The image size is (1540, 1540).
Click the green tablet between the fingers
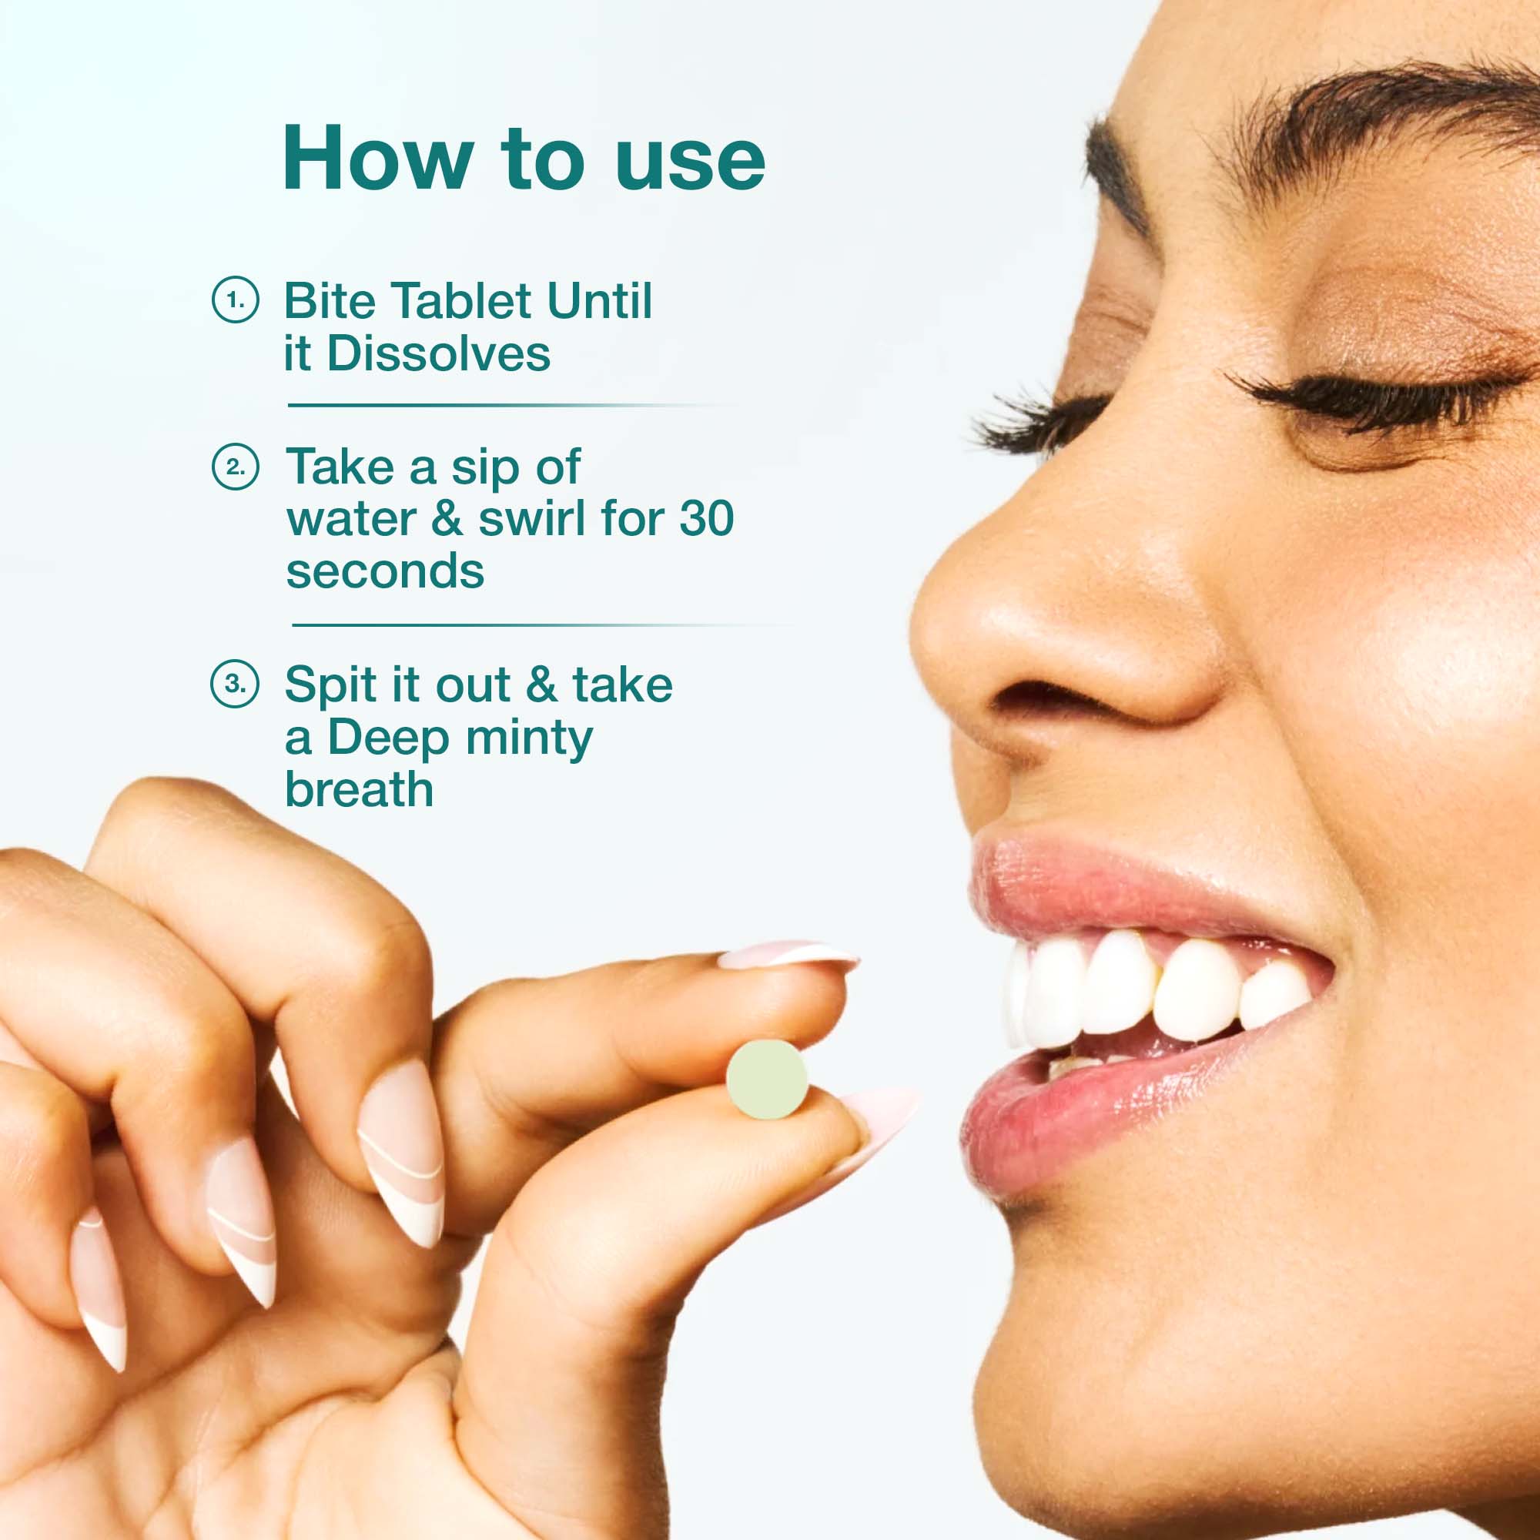[x=767, y=1080]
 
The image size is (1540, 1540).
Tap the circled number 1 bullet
[x=235, y=300]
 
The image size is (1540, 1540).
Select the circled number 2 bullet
[x=235, y=467]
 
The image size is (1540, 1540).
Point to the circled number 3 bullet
[x=235, y=684]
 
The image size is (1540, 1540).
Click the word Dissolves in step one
[x=438, y=353]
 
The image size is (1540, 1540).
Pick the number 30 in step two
[x=706, y=519]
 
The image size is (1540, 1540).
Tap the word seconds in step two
[x=385, y=571]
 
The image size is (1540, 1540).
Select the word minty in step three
[x=529, y=738]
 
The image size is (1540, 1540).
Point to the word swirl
[x=531, y=519]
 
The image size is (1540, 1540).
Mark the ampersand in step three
[x=541, y=684]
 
